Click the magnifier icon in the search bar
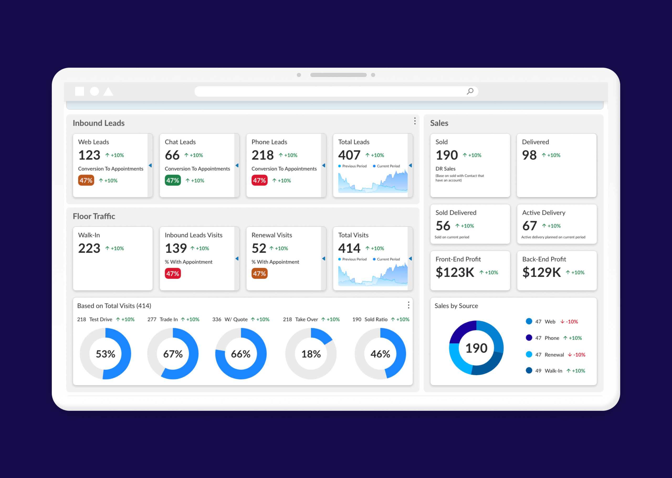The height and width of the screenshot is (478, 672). click(x=470, y=91)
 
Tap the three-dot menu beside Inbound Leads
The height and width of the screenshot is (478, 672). click(x=415, y=121)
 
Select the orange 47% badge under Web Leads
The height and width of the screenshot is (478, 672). click(x=86, y=180)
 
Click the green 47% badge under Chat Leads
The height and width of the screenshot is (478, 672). click(x=173, y=180)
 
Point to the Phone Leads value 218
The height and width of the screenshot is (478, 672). click(x=262, y=155)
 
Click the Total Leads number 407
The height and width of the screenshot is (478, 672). click(x=349, y=155)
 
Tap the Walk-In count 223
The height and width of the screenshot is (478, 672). click(x=89, y=248)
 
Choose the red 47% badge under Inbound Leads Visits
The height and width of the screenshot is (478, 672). click(x=173, y=273)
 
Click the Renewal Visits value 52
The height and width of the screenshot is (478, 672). click(x=259, y=248)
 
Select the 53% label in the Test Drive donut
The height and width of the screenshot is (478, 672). click(x=105, y=354)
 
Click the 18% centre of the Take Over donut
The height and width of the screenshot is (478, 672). click(x=311, y=354)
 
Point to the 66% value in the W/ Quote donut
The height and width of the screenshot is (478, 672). click(x=240, y=354)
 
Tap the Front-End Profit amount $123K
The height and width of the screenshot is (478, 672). click(x=455, y=272)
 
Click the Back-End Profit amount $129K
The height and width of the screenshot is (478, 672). click(x=542, y=272)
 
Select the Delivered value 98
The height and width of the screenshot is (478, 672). click(x=529, y=155)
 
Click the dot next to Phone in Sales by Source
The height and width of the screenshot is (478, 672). click(x=529, y=337)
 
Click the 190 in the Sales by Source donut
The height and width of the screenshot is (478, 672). click(x=476, y=348)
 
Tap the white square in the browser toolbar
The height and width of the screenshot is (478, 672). click(x=79, y=91)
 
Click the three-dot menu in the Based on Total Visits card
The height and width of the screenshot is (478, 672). click(x=408, y=305)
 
